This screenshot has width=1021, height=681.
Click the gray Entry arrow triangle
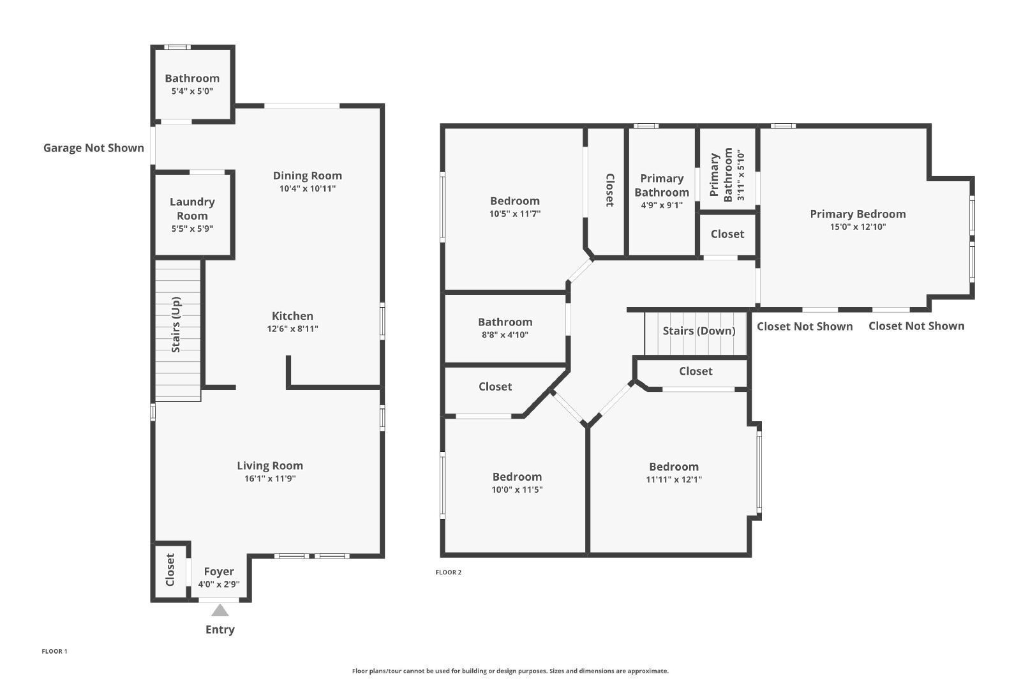coord(220,610)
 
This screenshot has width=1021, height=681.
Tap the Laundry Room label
coord(192,209)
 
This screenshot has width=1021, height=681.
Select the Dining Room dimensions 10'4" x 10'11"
coord(308,189)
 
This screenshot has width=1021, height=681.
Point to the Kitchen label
coord(293,316)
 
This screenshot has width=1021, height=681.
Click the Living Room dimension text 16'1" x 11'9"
coord(271,479)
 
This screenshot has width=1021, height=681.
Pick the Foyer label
coord(219,572)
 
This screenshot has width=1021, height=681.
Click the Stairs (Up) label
coord(176,325)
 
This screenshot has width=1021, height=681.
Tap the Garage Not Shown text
coord(93,147)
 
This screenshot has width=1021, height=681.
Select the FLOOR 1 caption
coord(54,652)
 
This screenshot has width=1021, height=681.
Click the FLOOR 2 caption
coord(449,572)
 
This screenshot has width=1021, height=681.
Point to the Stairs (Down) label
coord(699,331)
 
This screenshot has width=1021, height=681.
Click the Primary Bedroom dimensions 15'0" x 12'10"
coord(858,227)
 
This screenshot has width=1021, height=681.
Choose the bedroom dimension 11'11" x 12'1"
coord(674,479)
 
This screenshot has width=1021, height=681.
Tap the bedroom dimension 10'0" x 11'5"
coord(517,490)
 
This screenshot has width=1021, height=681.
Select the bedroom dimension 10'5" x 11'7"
coord(515,214)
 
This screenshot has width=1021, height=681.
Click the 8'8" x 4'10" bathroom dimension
coord(505,335)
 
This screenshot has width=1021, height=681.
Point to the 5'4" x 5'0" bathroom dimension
coord(192,91)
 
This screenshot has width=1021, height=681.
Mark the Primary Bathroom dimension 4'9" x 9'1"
coord(662,205)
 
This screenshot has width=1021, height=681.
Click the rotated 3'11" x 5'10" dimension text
coord(741,176)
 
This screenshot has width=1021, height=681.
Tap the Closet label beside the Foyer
coord(170,570)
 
